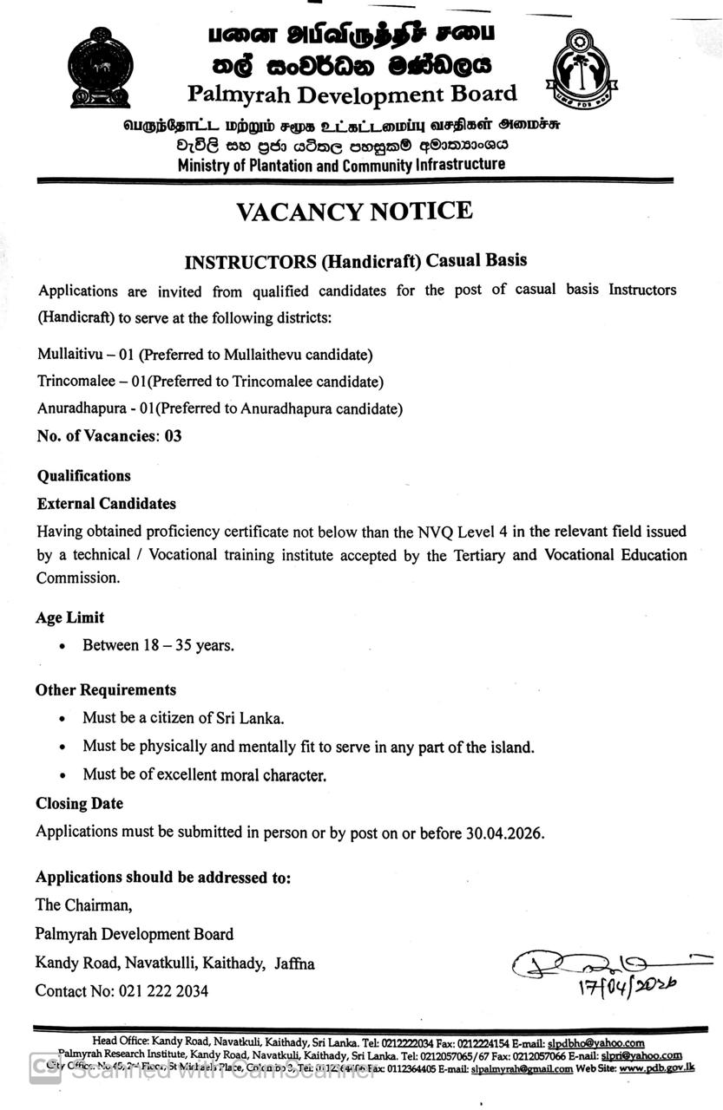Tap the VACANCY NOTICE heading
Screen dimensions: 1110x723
coord(354,211)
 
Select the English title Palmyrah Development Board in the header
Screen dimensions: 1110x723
coord(352,94)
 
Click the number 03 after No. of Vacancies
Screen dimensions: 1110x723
coord(173,435)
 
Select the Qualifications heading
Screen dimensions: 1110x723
coord(83,475)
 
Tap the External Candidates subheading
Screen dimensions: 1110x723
coord(106,503)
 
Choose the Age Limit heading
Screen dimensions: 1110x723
coord(69,617)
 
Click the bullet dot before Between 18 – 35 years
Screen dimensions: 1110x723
coord(62,647)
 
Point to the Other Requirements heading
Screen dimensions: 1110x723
coord(105,689)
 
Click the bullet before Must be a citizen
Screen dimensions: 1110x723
coord(62,719)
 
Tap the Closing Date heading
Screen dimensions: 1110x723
coord(79,803)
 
